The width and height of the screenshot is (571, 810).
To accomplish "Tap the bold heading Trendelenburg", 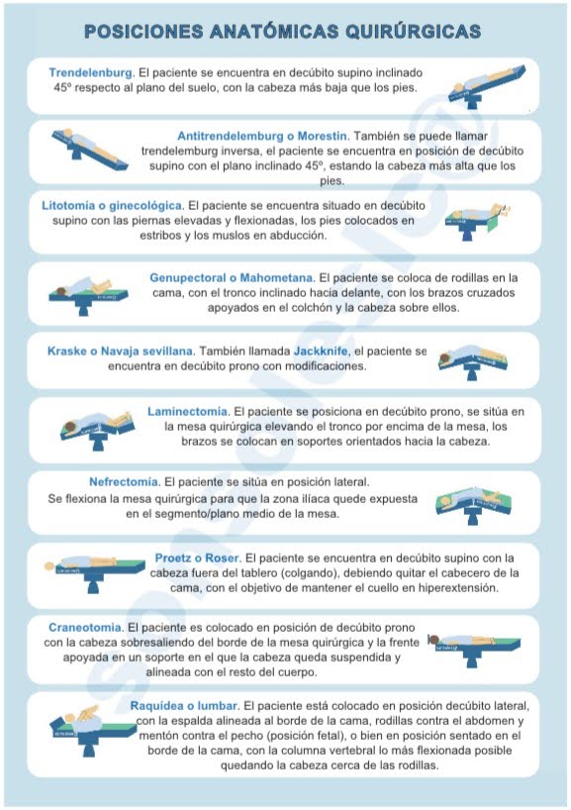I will tap(91, 72).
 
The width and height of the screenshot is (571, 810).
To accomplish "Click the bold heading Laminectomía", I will tap(188, 410).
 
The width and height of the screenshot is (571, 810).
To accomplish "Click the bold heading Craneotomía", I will tap(85, 627).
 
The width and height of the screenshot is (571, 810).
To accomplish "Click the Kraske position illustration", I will tap(471, 363).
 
